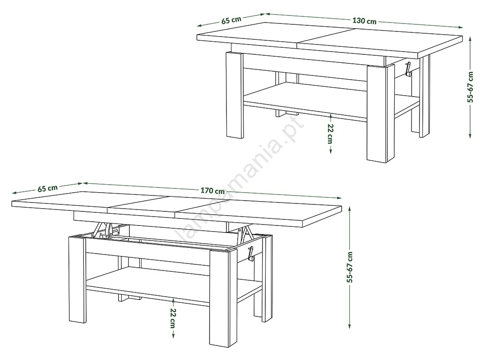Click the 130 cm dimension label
click(x=364, y=21)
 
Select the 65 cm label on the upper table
click(x=231, y=20)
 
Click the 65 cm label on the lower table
click(x=47, y=188)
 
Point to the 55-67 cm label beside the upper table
click(x=471, y=87)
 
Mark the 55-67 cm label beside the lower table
click(x=350, y=267)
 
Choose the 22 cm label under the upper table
click(x=330, y=134)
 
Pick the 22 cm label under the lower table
click(x=173, y=318)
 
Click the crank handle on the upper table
click(x=408, y=69)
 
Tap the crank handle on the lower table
click(x=251, y=254)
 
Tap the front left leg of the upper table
click(x=234, y=95)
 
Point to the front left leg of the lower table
click(x=77, y=279)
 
